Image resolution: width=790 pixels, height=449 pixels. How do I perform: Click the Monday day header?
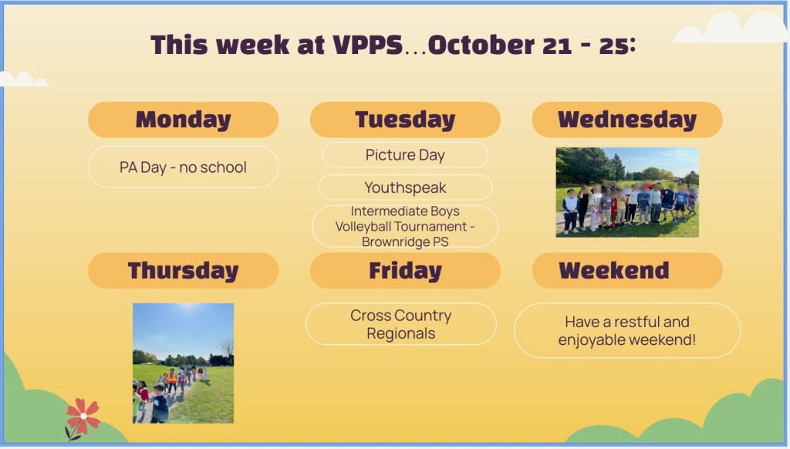[183, 120]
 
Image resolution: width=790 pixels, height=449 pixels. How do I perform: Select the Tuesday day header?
[405, 120]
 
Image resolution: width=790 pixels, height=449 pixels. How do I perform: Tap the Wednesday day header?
[627, 120]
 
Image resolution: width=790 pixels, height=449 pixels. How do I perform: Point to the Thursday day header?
[183, 271]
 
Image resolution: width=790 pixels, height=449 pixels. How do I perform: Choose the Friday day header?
[405, 271]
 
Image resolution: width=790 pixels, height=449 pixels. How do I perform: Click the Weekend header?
[627, 271]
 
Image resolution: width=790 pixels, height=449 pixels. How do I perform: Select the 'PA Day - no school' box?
[183, 167]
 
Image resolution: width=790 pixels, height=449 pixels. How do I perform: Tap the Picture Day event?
[405, 155]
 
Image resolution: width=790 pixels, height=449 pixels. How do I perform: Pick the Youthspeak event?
[405, 187]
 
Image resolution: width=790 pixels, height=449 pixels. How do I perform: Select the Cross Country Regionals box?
[401, 324]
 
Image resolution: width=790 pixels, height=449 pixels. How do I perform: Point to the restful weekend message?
[627, 330]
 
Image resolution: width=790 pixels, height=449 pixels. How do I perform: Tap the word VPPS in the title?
[368, 45]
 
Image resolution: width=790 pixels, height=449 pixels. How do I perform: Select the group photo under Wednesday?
[627, 192]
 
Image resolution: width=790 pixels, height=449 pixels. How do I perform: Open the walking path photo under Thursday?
[183, 363]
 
